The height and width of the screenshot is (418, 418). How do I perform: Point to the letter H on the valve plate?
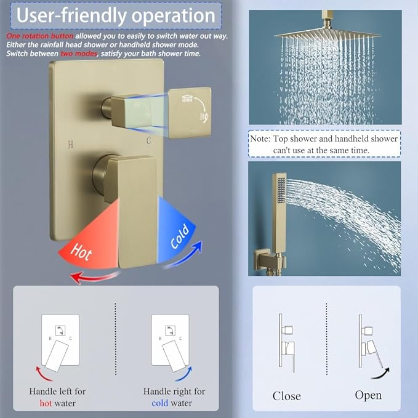[x=70, y=145]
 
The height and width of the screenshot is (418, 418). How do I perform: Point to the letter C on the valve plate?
[x=148, y=141]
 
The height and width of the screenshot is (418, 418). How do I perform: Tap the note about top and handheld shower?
[x=324, y=144]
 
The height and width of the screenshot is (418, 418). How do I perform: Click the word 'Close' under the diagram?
[x=287, y=396]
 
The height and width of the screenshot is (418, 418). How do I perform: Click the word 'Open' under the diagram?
[x=368, y=395]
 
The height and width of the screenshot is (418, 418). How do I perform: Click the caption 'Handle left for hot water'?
[x=57, y=397]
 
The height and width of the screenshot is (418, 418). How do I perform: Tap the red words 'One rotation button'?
[x=39, y=36]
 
